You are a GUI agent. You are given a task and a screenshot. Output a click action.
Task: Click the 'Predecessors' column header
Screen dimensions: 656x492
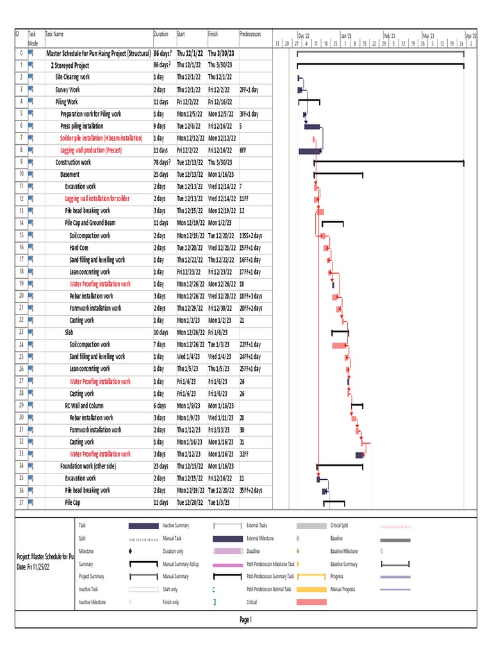(250, 33)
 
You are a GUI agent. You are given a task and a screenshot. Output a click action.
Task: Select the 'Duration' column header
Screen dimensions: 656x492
(161, 33)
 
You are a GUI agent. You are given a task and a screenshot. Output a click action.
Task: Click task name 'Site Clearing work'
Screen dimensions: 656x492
(72, 78)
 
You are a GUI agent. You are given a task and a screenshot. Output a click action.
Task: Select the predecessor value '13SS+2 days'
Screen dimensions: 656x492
(250, 236)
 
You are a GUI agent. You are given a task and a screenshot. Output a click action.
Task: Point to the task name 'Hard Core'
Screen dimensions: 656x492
(79, 247)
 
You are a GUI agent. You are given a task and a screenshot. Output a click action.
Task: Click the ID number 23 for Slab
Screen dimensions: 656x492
(21, 332)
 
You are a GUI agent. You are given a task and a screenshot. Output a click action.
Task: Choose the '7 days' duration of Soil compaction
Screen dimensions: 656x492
(160, 345)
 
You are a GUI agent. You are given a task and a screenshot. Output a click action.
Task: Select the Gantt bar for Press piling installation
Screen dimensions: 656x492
(312, 127)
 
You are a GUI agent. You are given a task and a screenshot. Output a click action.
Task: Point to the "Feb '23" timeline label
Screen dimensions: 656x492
(389, 36)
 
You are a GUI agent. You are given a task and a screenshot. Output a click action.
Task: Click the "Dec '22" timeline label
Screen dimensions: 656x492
(304, 36)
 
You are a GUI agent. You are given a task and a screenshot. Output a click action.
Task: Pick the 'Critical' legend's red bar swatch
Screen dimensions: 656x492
(311, 602)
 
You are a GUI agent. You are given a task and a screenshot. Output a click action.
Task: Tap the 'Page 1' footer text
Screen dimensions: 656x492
(245, 619)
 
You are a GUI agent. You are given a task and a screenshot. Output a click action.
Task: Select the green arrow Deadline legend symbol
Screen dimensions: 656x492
(299, 551)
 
